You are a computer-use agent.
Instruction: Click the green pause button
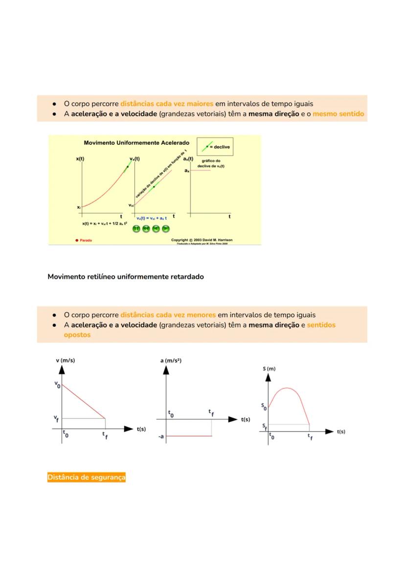coord(136,229)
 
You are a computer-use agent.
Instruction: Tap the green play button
coord(166,229)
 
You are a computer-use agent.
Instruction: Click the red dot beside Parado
coord(77,240)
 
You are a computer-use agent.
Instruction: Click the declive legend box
coord(214,146)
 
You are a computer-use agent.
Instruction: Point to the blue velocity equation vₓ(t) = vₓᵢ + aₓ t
coord(152,218)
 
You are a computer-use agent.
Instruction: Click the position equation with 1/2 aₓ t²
coord(105,223)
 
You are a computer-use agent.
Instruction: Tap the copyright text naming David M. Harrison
coord(202,240)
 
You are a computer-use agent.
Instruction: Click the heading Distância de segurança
coord(86,477)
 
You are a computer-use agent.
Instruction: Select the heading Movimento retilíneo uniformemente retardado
coord(126,276)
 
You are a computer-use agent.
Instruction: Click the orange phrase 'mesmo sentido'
coord(338,114)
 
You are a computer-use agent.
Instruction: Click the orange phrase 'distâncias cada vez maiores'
coord(167,104)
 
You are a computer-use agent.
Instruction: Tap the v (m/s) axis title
coord(66,361)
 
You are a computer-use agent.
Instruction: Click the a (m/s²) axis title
coord(171,361)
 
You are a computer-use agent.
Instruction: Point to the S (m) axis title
coord(269,368)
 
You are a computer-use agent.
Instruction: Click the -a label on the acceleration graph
coord(161,436)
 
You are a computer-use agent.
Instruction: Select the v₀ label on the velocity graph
coord(57,385)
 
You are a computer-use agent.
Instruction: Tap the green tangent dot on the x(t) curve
coord(127,167)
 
